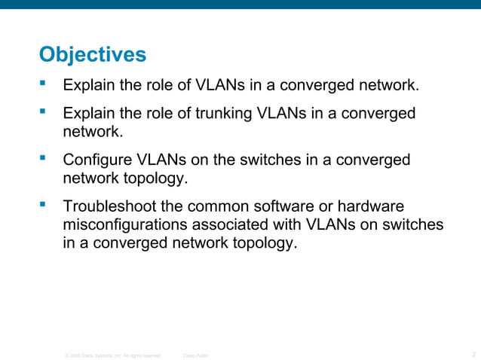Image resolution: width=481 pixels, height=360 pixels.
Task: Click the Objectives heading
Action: click(x=92, y=55)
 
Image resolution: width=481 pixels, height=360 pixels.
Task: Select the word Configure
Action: click(x=96, y=160)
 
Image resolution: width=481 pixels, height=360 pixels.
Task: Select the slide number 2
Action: click(x=472, y=353)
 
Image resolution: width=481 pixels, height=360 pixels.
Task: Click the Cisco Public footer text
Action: click(x=197, y=354)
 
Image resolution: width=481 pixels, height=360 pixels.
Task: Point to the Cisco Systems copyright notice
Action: click(x=113, y=354)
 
